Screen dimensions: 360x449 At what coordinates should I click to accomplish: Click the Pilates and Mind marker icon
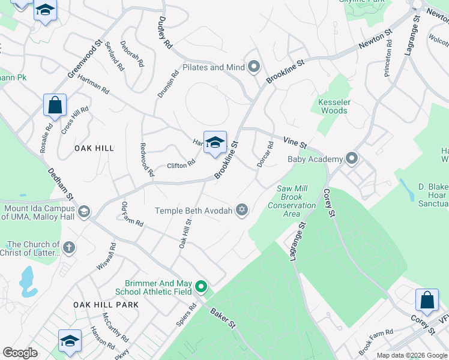[254, 67]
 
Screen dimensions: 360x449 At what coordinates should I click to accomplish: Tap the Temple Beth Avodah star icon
[242, 209]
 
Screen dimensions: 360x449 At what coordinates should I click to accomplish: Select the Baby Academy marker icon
[352, 158]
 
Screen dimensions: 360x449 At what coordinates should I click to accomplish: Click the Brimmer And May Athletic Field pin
[201, 287]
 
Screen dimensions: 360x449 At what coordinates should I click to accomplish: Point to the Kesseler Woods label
[334, 106]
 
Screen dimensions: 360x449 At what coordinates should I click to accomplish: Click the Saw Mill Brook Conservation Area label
[296, 201]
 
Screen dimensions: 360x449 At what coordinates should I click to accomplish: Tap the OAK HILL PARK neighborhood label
[106, 305]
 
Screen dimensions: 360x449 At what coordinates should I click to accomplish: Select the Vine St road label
[295, 142]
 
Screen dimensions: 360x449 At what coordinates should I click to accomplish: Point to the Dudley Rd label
[164, 32]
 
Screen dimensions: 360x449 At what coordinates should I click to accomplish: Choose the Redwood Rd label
[146, 159]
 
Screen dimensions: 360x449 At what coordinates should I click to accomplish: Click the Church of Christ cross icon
[69, 247]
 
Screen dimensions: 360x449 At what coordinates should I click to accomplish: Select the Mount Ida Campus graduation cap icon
[84, 211]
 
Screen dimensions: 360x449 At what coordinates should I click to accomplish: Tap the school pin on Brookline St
[215, 143]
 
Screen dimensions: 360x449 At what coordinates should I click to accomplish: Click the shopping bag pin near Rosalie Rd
[55, 106]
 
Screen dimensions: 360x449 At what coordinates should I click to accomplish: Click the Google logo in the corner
[20, 353]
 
